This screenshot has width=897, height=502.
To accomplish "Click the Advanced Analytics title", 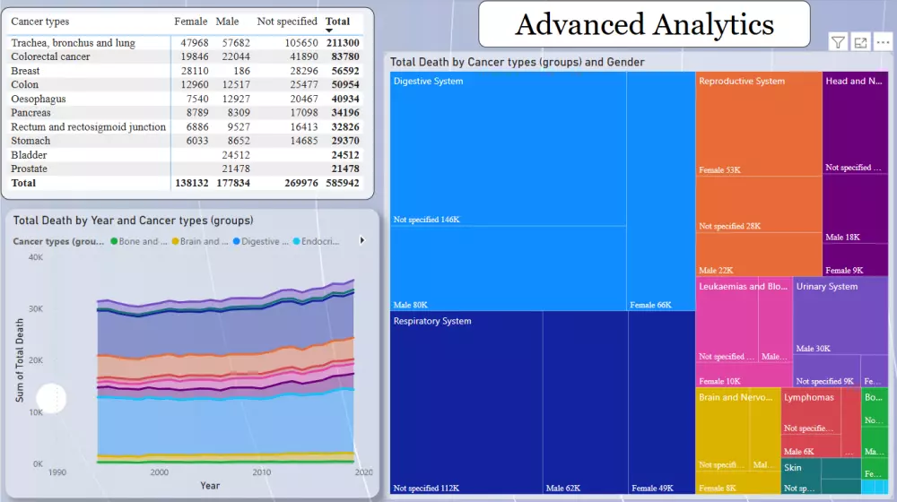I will [x=643, y=24].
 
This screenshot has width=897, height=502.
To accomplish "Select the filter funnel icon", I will [x=837, y=42].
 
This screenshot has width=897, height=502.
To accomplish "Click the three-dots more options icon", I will [x=883, y=42].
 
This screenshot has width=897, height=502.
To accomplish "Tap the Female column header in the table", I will [x=190, y=22].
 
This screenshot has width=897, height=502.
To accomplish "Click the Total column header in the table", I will [x=337, y=22].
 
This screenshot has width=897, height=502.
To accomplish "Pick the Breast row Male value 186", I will [x=240, y=71].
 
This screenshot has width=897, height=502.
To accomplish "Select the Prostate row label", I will [x=29, y=169].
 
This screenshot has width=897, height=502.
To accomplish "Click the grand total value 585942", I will [x=342, y=183].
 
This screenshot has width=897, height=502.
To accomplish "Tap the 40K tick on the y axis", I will [x=36, y=257].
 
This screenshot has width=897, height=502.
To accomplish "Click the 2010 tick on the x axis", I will [x=261, y=472].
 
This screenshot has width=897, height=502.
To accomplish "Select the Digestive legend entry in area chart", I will [x=261, y=241].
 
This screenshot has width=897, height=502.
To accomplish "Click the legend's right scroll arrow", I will [x=362, y=240].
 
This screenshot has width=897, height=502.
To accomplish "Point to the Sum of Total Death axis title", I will [x=20, y=360].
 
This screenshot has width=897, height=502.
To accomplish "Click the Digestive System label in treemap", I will [x=429, y=82].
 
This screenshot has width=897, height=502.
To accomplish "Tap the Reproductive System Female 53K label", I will [x=719, y=170].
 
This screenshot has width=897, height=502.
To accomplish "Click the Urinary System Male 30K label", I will [x=813, y=349].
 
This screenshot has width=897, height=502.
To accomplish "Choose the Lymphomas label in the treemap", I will [x=808, y=397].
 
